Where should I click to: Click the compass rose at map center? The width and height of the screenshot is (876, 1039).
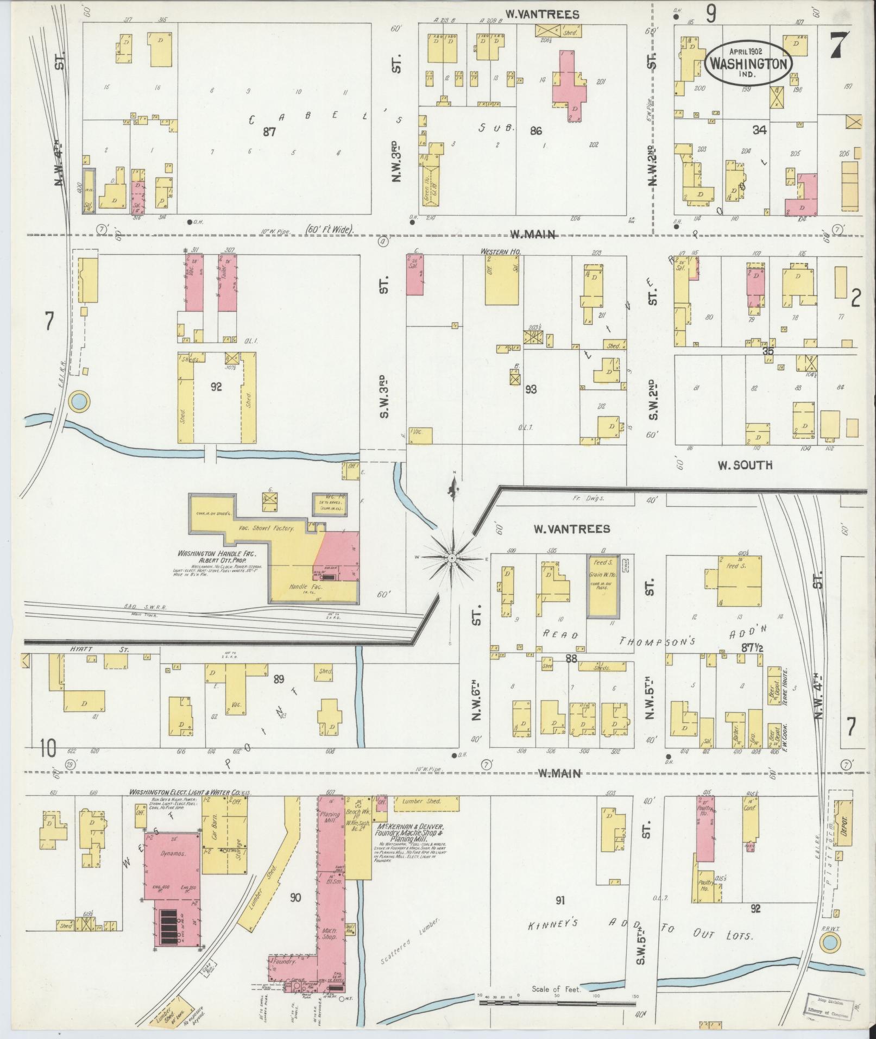pyautogui.click(x=452, y=558)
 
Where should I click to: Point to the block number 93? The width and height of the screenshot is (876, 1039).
pyautogui.click(x=531, y=389)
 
